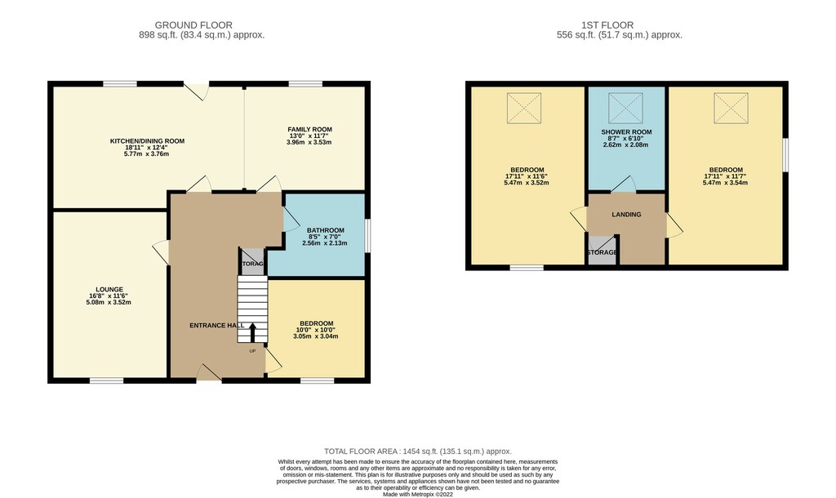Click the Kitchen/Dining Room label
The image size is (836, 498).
point(147,141)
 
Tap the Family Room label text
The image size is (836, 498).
point(309,130)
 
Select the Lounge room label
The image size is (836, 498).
point(109,290)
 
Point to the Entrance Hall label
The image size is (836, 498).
point(216,325)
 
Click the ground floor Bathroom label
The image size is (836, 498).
point(325,230)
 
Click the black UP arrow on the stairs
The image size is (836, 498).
point(252,333)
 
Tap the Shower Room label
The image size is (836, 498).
point(626,132)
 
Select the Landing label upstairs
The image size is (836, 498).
point(626,215)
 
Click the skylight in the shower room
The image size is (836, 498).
point(625,109)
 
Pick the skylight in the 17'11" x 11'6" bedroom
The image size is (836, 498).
point(524,109)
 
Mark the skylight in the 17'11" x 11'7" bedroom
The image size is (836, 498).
point(731,109)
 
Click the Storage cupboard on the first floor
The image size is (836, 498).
point(602,250)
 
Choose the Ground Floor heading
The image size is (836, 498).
point(193,25)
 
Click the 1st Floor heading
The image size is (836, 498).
point(607,25)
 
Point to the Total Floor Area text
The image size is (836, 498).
point(418,451)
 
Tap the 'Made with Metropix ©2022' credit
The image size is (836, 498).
point(418,494)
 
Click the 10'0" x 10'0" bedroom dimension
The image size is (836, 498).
point(316,330)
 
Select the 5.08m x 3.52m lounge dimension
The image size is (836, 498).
point(109,302)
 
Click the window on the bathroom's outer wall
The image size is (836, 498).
point(368,235)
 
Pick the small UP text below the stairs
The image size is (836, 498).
point(253,351)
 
